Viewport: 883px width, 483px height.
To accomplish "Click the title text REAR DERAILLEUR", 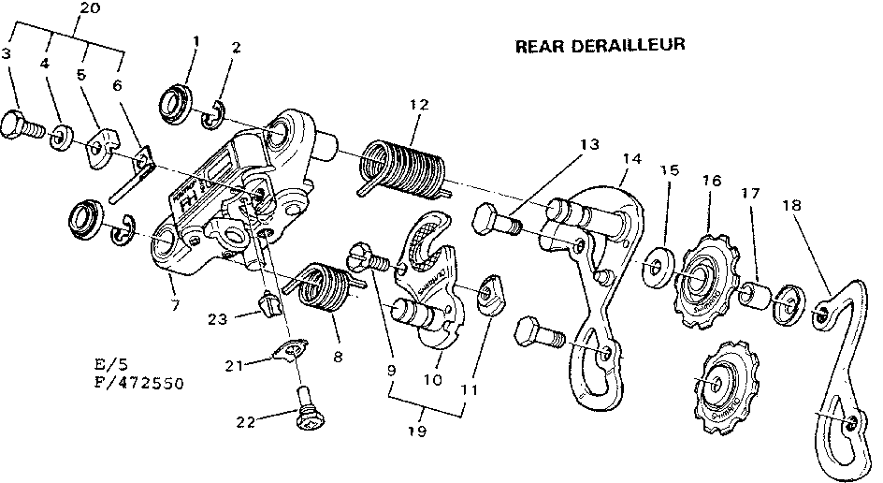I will [601, 45].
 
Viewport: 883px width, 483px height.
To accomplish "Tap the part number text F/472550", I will [139, 384].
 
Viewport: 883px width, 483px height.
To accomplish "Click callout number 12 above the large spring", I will [414, 105].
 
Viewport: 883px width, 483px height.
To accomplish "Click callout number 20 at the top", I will [91, 8].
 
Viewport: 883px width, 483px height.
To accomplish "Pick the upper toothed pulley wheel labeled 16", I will [705, 278].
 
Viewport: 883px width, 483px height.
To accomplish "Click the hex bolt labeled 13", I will [497, 222].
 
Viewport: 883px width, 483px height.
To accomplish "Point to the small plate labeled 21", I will [288, 349].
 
